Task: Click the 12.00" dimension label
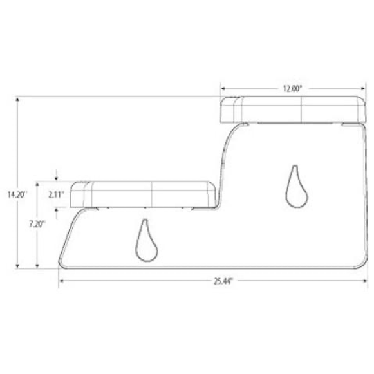292,89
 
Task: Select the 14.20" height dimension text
17,194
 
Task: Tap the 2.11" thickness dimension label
57,194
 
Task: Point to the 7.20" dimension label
37,224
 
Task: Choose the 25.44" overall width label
223,281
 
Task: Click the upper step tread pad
292,109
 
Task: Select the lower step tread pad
143,194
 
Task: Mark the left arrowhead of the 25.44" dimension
61,281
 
